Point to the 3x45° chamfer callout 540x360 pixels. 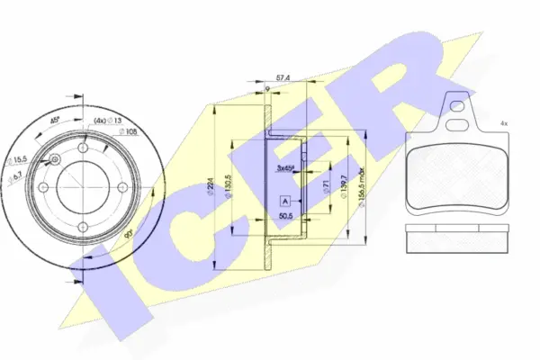[286, 168]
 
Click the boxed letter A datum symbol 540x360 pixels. [285, 201]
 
